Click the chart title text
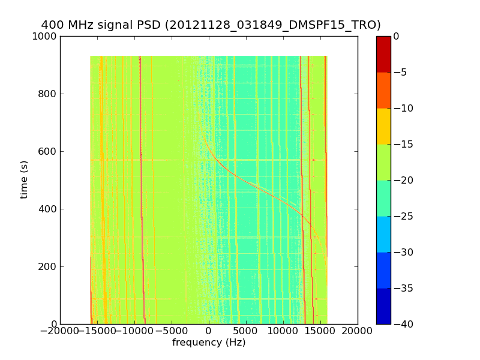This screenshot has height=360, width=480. (211, 25)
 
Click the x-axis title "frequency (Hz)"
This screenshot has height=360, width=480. (209, 343)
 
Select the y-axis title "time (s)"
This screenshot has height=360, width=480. (25, 179)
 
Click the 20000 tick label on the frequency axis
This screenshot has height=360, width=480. (358, 331)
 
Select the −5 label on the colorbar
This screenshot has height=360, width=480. (401, 73)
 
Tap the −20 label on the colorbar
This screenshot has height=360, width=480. (403, 181)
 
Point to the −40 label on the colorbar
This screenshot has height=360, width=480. (403, 325)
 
